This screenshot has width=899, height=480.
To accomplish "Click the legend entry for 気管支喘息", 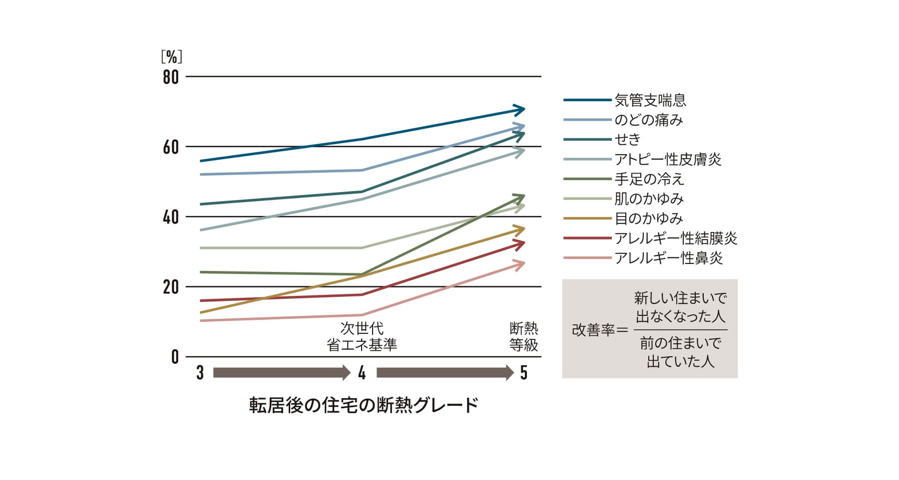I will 650,100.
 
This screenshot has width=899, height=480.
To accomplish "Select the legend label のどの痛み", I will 649,120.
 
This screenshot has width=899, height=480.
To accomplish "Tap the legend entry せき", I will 628,140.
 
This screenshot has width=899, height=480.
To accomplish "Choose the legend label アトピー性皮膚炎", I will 668,160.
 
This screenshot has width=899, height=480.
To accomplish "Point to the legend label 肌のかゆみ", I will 649,199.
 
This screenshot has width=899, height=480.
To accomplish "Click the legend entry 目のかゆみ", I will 649,219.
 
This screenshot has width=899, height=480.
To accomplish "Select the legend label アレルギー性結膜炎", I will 676,238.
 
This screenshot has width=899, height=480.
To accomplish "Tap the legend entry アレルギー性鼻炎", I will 669,258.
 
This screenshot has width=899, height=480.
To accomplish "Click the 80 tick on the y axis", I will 171,77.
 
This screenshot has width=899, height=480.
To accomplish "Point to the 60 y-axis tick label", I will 171,147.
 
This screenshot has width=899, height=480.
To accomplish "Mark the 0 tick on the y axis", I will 175,357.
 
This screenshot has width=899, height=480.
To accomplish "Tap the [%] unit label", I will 171,57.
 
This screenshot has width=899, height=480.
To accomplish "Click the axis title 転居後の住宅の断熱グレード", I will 364,405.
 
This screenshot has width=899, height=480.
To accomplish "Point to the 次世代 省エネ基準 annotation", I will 362,337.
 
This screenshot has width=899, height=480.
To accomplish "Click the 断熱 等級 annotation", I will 523,337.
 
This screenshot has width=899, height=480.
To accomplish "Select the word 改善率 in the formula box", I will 593,330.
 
